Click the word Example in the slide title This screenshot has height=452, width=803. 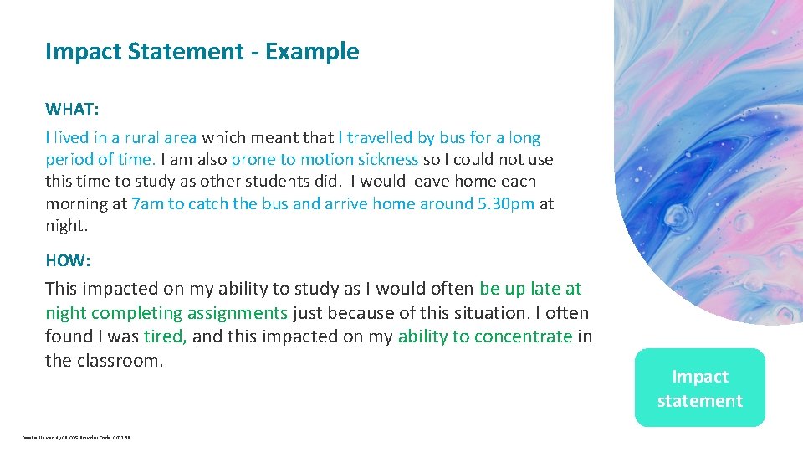312,52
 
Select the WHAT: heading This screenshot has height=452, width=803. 71,110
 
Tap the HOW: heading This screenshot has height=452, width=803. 68,260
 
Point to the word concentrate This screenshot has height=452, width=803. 523,336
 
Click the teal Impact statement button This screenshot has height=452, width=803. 699,388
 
